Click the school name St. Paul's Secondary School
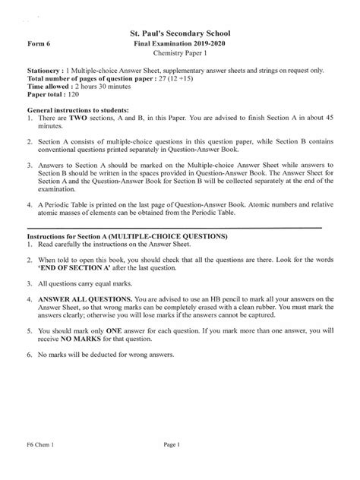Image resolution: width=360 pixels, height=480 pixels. (x=180, y=34)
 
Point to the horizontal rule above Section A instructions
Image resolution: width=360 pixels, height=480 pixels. (x=175, y=227)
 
